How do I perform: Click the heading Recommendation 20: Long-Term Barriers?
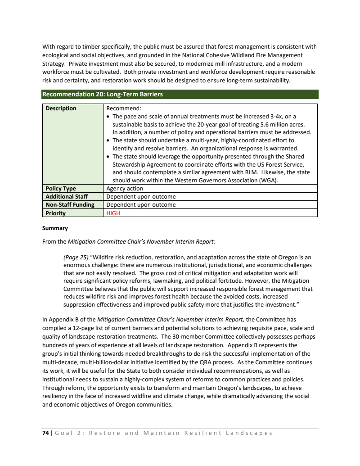(102, 95)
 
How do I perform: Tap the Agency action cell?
(125, 189)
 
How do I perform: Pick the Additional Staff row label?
(66, 197)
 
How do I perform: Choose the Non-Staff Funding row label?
(69, 205)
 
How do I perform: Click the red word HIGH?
(113, 213)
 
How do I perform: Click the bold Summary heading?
(55, 228)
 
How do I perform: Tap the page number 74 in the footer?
(45, 433)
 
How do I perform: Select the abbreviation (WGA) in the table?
(268, 181)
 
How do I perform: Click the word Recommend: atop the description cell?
(123, 109)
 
